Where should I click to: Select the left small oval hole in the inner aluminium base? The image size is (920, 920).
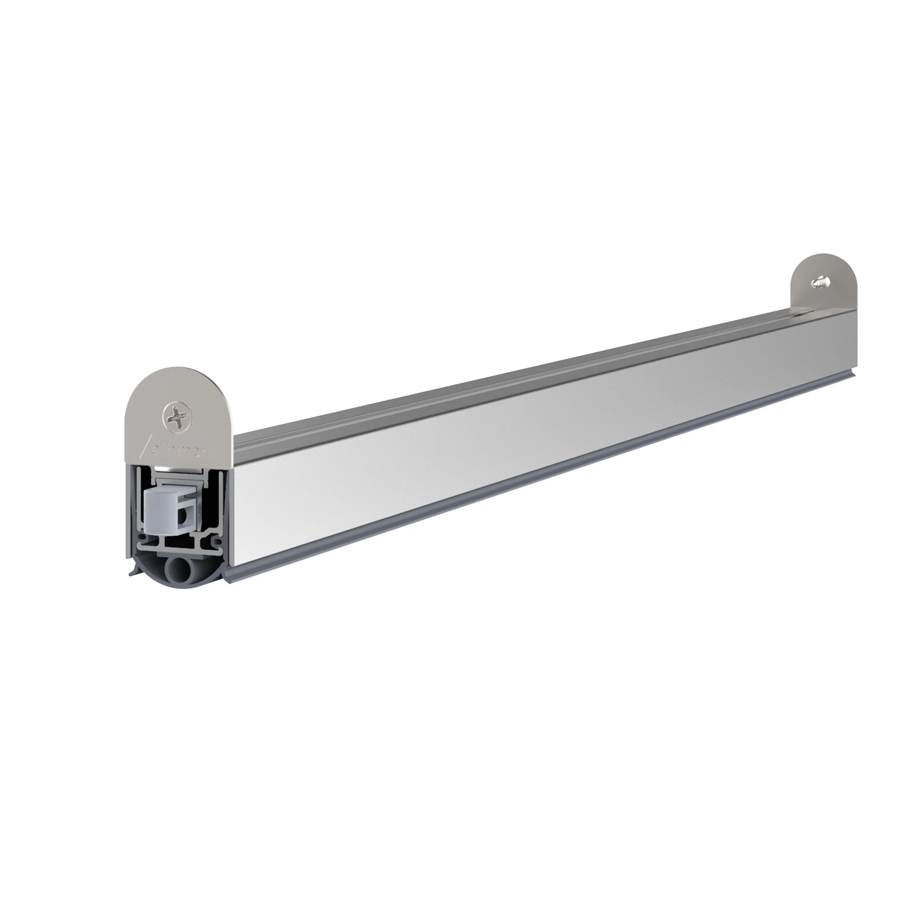141,536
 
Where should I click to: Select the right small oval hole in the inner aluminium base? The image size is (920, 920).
218,542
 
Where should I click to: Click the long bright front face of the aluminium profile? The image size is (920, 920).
519,452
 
